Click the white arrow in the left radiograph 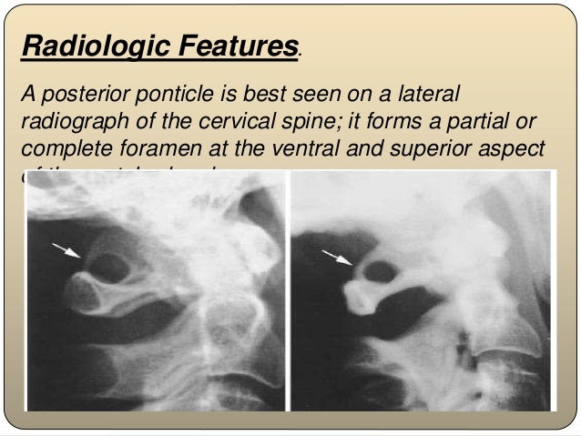[x=66, y=250]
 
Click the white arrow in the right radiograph [x=338, y=259]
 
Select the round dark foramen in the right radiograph [x=382, y=271]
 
